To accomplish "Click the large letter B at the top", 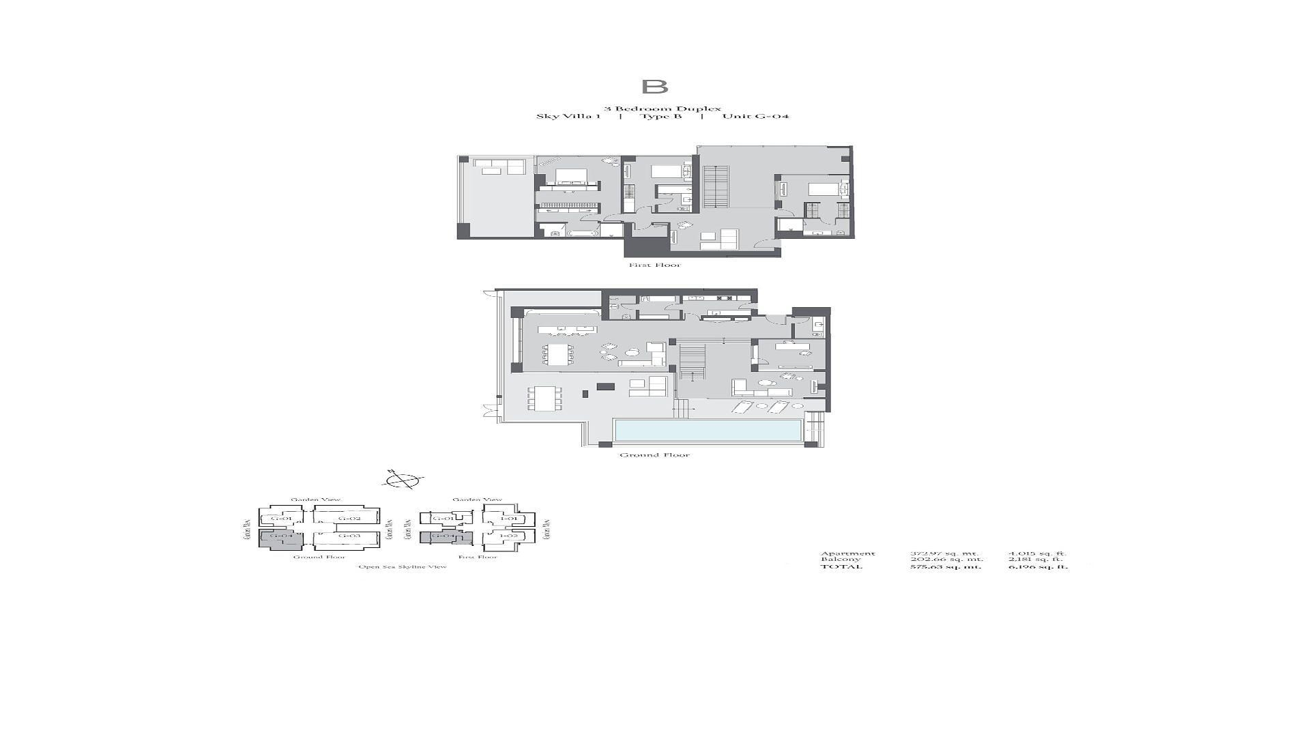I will tap(654, 87).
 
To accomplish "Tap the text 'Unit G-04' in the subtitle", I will tap(755, 116).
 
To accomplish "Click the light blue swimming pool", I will tap(708, 430).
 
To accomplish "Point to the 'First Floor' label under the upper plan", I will tap(654, 265).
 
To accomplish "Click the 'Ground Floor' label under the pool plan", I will tap(654, 455).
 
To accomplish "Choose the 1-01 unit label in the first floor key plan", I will tap(508, 519).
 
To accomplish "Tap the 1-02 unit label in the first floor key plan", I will tap(508, 536).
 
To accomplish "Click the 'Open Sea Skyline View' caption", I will tap(403, 567).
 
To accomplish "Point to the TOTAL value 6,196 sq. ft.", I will tap(1038, 566).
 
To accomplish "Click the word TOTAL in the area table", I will tap(841, 566).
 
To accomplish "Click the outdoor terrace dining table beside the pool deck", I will tap(544, 399).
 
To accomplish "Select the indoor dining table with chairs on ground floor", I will tap(558, 355).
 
